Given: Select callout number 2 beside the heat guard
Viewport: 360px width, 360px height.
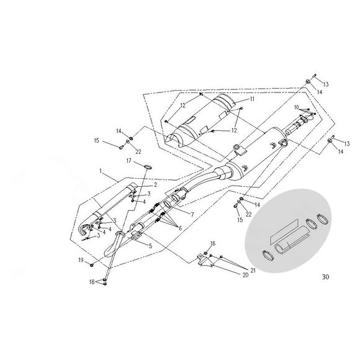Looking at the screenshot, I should pyautogui.click(x=156, y=184).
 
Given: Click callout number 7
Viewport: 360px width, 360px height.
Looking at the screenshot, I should pyautogui.click(x=192, y=214).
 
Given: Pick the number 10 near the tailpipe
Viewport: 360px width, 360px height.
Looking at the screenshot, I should pyautogui.click(x=298, y=108).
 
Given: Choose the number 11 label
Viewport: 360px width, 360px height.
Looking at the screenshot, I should pyautogui.click(x=252, y=99).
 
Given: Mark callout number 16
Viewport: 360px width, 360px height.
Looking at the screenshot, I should pyautogui.click(x=213, y=243).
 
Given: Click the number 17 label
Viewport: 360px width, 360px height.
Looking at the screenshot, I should pyautogui.click(x=129, y=161).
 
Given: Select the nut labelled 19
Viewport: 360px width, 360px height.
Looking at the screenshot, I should pyautogui.click(x=92, y=263).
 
